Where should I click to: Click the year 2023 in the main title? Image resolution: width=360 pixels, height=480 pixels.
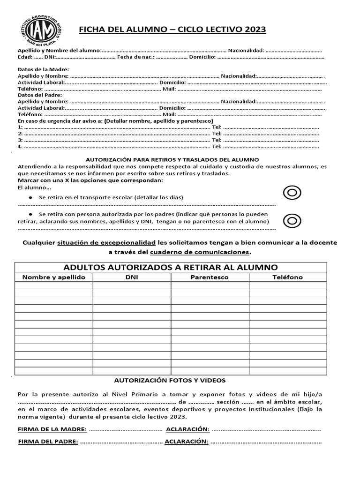pyautogui.click(x=254, y=30)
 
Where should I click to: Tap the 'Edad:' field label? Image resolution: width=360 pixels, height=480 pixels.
pyautogui.click(x=25, y=57)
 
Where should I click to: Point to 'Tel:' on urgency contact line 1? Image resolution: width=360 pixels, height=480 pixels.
pyautogui.click(x=217, y=127)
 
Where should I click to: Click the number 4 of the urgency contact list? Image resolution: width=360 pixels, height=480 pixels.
pyautogui.click(x=20, y=146)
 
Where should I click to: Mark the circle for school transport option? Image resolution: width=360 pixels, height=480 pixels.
pyautogui.click(x=292, y=192)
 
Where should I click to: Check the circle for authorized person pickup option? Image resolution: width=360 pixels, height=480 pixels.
pyautogui.click(x=292, y=220)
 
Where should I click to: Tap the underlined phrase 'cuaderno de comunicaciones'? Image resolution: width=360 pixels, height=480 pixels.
pyautogui.click(x=200, y=252)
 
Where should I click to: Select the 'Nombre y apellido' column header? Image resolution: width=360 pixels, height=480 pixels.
pyautogui.click(x=54, y=277)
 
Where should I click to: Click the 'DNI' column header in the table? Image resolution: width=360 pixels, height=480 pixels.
pyautogui.click(x=132, y=277)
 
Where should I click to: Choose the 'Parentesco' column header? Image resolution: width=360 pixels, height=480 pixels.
pyautogui.click(x=210, y=277)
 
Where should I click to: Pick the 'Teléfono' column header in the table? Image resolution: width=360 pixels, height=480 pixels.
pyautogui.click(x=288, y=277)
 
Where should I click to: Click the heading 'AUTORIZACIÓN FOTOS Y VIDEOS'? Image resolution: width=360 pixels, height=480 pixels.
pyautogui.click(x=170, y=380)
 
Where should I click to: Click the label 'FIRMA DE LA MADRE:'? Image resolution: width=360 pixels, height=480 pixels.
pyautogui.click(x=52, y=429)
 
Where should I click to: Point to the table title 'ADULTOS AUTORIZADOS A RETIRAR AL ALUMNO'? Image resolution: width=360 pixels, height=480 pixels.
pyautogui.click(x=171, y=267)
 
